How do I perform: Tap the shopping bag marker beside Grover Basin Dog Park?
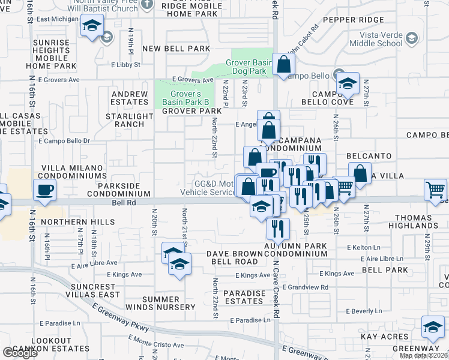(283, 65)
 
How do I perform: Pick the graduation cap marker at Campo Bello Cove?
(347, 85)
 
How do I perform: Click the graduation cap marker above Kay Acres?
(433, 328)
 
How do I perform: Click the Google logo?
(19, 353)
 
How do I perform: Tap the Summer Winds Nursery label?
(169, 303)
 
